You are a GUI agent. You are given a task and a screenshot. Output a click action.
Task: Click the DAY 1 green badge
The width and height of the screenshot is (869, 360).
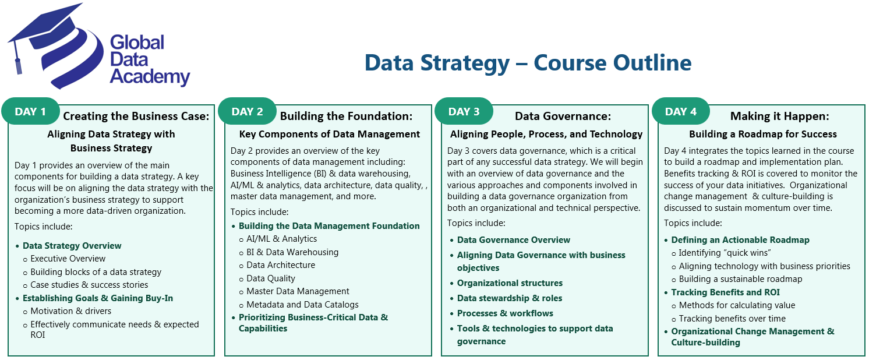[x=30, y=112]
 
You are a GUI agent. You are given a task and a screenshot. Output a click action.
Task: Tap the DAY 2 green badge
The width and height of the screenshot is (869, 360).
[x=247, y=112]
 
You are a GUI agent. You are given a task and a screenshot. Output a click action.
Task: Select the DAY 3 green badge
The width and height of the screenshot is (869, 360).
[x=464, y=112]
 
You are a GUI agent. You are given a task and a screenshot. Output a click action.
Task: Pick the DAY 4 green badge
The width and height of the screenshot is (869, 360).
[x=680, y=112]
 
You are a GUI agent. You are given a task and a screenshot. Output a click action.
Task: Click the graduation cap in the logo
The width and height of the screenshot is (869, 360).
[x=47, y=32]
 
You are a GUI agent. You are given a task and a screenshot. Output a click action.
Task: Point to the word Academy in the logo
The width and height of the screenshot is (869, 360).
[x=150, y=77]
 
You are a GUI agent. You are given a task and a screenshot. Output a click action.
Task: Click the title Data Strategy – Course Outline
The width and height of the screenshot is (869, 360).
[x=528, y=63]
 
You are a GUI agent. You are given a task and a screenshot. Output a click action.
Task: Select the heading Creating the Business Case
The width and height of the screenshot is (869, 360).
[x=136, y=116]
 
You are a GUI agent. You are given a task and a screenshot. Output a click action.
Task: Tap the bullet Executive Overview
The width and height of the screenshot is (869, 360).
[x=68, y=259]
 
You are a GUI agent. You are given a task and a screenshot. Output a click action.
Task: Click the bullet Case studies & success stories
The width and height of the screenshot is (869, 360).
[x=89, y=285]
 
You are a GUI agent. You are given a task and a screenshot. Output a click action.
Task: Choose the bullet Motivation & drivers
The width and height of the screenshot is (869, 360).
[x=70, y=311]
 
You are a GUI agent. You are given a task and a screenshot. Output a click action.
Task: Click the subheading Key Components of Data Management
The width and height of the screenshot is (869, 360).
[x=329, y=134]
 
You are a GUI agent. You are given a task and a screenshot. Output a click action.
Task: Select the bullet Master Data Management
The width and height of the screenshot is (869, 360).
[x=298, y=291]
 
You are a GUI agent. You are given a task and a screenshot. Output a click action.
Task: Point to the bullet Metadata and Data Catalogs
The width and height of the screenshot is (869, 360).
[x=302, y=305]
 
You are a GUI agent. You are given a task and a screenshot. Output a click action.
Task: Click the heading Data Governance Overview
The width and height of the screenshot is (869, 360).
[x=513, y=240]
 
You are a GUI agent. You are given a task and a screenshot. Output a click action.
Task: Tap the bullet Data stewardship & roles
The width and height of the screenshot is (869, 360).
[x=510, y=298]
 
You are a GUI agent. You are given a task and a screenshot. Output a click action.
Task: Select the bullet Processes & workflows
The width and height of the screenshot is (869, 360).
[x=505, y=313]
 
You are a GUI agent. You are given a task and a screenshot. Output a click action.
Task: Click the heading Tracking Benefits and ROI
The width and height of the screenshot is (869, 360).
[x=725, y=292]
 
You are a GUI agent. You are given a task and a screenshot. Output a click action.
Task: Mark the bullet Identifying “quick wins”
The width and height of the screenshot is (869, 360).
[x=725, y=253]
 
